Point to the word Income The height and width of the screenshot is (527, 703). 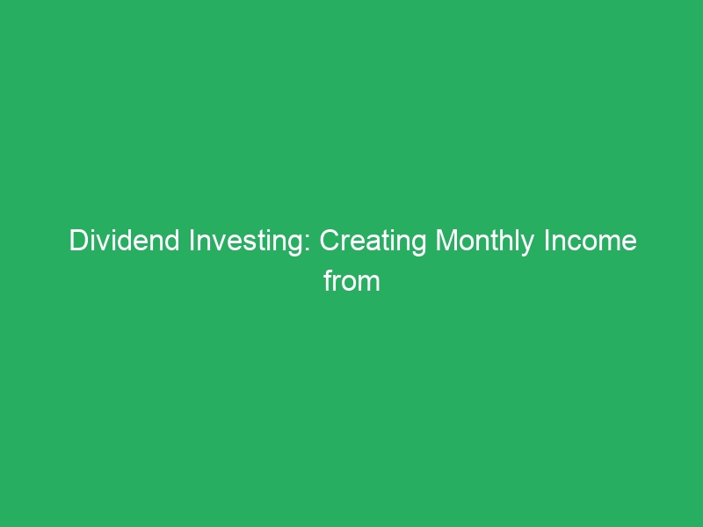coord(592,242)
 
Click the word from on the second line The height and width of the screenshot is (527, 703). coord(351,281)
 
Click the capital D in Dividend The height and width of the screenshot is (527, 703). coord(77,242)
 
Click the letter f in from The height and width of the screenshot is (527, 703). coord(327,281)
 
